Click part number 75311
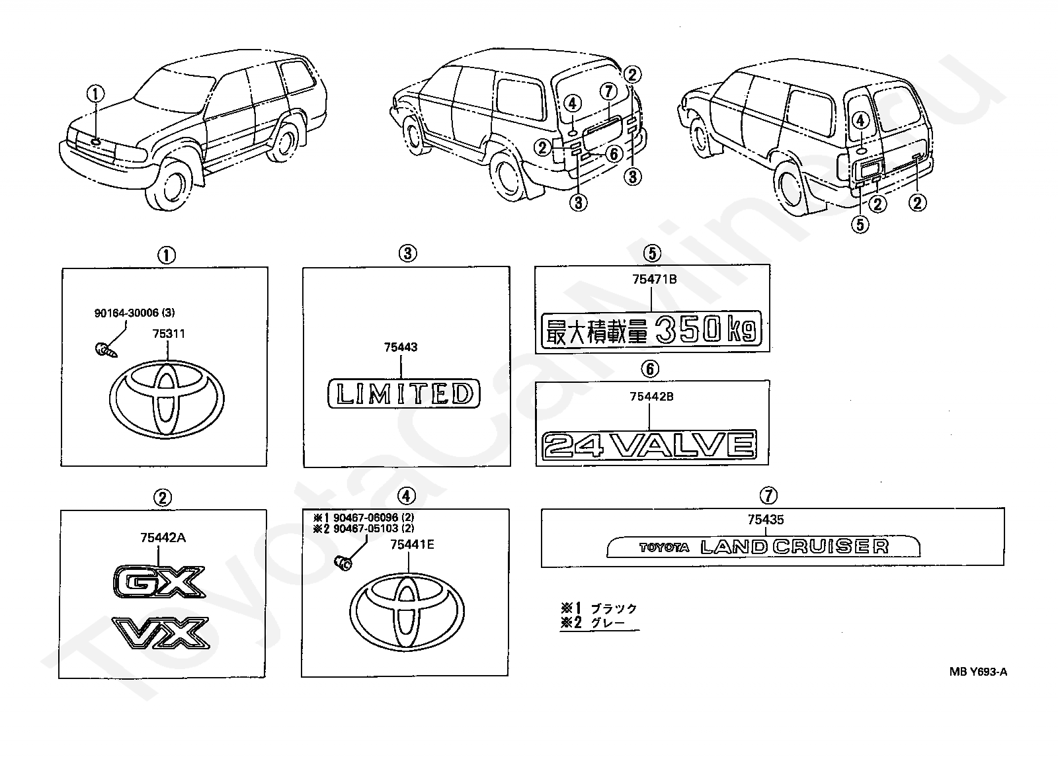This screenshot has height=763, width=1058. pyautogui.click(x=169, y=334)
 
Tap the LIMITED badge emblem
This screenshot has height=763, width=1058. pyautogui.click(x=404, y=393)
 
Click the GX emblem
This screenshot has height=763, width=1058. pyautogui.click(x=159, y=581)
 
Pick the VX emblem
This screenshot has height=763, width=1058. pyautogui.click(x=161, y=632)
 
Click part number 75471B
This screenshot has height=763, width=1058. pyautogui.click(x=654, y=280)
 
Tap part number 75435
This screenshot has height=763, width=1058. pyautogui.click(x=766, y=520)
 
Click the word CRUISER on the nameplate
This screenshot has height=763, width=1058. pyautogui.click(x=831, y=547)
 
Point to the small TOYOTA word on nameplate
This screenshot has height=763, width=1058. pyautogui.click(x=664, y=547)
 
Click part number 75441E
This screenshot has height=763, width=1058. pyautogui.click(x=412, y=545)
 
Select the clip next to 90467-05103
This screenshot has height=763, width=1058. pyautogui.click(x=343, y=563)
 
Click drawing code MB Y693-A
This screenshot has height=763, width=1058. pyautogui.click(x=978, y=672)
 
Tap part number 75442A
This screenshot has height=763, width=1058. pyautogui.click(x=163, y=538)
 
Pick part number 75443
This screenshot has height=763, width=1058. pyautogui.click(x=401, y=348)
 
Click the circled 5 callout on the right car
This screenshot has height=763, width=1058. pyautogui.click(x=860, y=224)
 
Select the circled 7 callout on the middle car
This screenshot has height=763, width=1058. pyautogui.click(x=608, y=91)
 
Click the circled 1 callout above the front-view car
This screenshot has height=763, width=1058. pyautogui.click(x=95, y=93)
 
